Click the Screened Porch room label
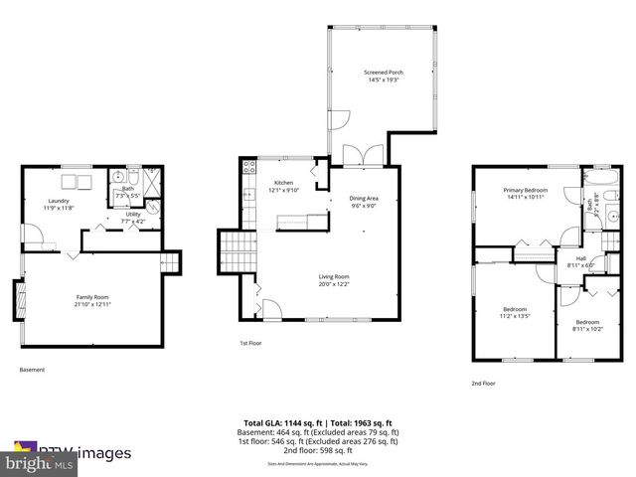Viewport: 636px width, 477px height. (x=384, y=73)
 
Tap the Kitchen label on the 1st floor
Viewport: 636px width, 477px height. (x=284, y=183)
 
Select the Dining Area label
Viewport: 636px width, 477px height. (x=364, y=199)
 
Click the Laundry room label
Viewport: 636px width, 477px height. (x=56, y=201)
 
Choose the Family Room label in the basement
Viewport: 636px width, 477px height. (x=91, y=296)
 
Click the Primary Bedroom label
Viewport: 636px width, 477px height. (x=525, y=189)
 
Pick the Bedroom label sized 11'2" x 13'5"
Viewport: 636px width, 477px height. (x=514, y=309)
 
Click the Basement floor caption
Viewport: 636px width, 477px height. (x=32, y=370)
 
